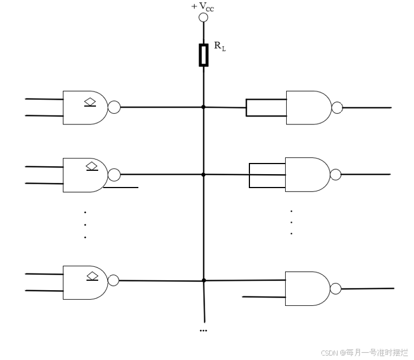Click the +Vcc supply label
coord(203,7)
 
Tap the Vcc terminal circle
coord(204,17)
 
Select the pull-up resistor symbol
coord(204,55)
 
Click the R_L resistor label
coord(220,46)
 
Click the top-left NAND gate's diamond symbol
coord(90,102)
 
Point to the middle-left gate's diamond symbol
coord(92,166)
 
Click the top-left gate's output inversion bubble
coord(114,107)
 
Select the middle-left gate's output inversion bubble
coord(114,175)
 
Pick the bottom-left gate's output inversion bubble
coord(113,280)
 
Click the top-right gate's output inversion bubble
coord(337,107)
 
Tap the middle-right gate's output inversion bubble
coord(335,175)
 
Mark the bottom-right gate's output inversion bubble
coord(335,289)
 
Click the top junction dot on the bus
coord(204,107)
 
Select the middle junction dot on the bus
coord(204,175)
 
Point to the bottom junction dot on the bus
coord(204,280)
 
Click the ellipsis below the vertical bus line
coord(203,330)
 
